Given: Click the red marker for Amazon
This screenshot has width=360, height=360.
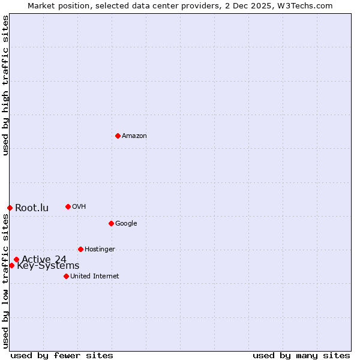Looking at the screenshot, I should pyautogui.click(x=118, y=136).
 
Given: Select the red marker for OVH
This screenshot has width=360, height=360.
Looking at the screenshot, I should pyautogui.click(x=68, y=206).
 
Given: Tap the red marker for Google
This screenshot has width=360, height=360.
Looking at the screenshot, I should pyautogui.click(x=111, y=223).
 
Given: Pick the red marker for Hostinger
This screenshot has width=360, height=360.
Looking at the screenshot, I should pyautogui.click(x=80, y=249).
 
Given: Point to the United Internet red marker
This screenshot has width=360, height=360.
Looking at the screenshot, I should pyautogui.click(x=66, y=276).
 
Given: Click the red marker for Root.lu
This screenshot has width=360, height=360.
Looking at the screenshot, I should pyautogui.click(x=10, y=208).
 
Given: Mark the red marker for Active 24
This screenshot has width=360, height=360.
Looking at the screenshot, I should pyautogui.click(x=16, y=259).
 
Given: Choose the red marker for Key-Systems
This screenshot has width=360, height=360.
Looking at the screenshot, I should pyautogui.click(x=11, y=265).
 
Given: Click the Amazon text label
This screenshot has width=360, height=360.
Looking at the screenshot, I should pyautogui.click(x=134, y=136).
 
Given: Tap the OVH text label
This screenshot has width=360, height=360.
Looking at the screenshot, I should pyautogui.click(x=79, y=207).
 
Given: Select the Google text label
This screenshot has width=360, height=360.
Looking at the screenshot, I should pyautogui.click(x=126, y=224).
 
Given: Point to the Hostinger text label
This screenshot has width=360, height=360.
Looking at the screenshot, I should pyautogui.click(x=100, y=250).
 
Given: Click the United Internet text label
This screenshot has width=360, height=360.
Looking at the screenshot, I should pyautogui.click(x=95, y=277).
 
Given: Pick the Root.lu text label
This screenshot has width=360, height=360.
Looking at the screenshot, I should pyautogui.click(x=32, y=208).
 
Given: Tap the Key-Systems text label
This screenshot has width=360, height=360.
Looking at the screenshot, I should pyautogui.click(x=48, y=266).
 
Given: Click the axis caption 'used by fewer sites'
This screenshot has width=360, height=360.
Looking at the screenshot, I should pyautogui.click(x=62, y=355).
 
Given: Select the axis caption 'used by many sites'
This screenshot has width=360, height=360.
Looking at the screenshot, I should pyautogui.click(x=301, y=355).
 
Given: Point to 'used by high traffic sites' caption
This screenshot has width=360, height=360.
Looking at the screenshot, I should pyautogui.click(x=5, y=85).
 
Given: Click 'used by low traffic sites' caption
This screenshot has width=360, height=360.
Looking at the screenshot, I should pyautogui.click(x=5, y=280).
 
